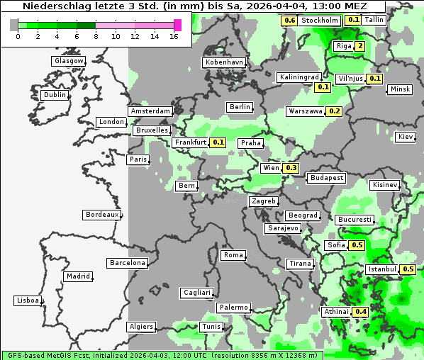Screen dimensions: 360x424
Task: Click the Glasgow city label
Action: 69,61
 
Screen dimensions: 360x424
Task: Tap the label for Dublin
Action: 55,95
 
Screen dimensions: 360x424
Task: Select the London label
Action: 111,122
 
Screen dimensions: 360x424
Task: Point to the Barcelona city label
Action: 127,263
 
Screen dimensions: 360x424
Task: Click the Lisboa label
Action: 28,300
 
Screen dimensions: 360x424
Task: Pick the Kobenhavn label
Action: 224,62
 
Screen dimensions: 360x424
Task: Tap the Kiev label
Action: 406,136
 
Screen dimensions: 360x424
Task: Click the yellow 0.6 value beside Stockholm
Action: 289,21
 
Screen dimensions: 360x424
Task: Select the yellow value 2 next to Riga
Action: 360,47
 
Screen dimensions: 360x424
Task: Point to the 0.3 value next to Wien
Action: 291,168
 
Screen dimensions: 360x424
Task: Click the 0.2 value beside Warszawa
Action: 335,111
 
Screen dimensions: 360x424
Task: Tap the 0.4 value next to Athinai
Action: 360,312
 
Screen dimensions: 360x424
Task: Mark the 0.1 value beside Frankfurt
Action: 218,142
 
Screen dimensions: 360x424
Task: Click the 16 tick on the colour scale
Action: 174,36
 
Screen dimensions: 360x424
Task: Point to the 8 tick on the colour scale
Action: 96,36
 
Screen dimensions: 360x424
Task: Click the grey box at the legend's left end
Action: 13,25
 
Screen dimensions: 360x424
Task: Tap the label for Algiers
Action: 140,327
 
